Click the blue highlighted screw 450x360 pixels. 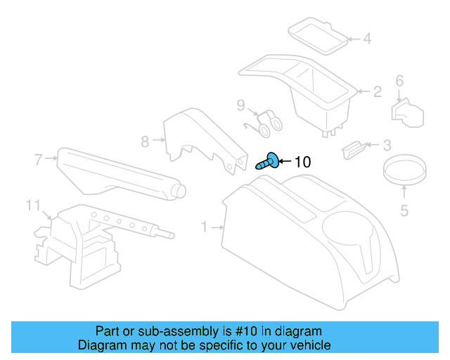(269, 162)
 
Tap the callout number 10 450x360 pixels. (301, 162)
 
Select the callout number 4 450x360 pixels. (367, 38)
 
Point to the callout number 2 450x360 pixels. (377, 91)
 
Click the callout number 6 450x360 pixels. (399, 81)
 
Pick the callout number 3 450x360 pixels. (387, 146)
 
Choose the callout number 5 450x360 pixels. (404, 209)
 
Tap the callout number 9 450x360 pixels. (240, 106)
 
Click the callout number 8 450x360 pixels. (145, 141)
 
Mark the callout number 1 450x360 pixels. (205, 227)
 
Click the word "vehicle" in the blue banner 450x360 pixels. (308, 345)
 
